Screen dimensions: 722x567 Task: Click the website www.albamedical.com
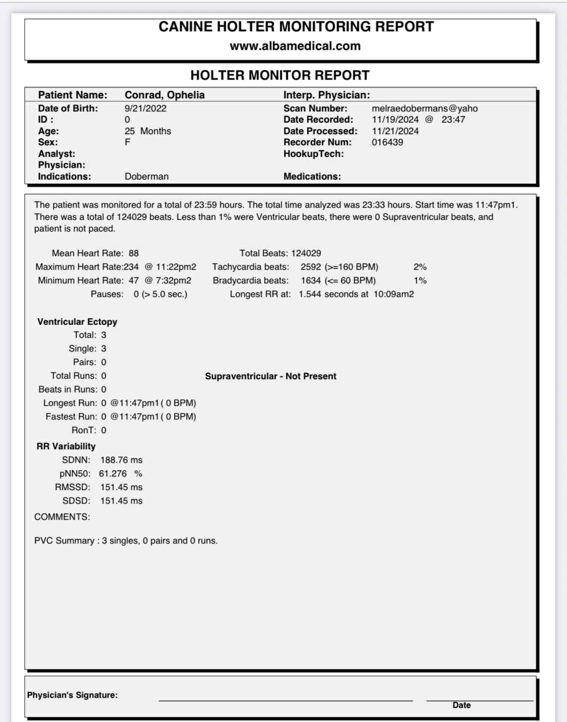pos(295,46)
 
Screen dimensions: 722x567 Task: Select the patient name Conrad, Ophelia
pos(164,95)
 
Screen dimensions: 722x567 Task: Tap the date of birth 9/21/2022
pos(145,108)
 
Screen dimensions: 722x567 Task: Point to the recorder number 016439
pos(387,142)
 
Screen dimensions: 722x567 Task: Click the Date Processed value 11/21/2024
pos(395,131)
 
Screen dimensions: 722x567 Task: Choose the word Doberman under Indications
pos(147,176)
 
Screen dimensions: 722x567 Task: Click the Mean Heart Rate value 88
pos(134,253)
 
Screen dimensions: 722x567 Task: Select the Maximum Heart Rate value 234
pos(131,267)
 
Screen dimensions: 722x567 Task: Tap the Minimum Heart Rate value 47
pos(134,280)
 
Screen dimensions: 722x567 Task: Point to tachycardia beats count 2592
pos(310,267)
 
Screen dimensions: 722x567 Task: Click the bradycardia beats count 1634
pos(310,280)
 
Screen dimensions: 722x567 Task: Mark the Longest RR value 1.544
pos(309,294)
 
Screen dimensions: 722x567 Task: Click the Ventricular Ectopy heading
pos(77,322)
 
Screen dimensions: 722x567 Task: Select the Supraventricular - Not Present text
pos(270,376)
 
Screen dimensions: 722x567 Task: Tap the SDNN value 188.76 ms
pos(121,460)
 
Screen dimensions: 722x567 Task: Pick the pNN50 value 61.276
pos(113,473)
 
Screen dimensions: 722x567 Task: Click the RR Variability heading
pos(66,446)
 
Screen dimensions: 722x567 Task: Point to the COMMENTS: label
pos(62,517)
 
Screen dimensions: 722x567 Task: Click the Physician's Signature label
pos(72,695)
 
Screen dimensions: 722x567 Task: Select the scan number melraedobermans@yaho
pos(424,108)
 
